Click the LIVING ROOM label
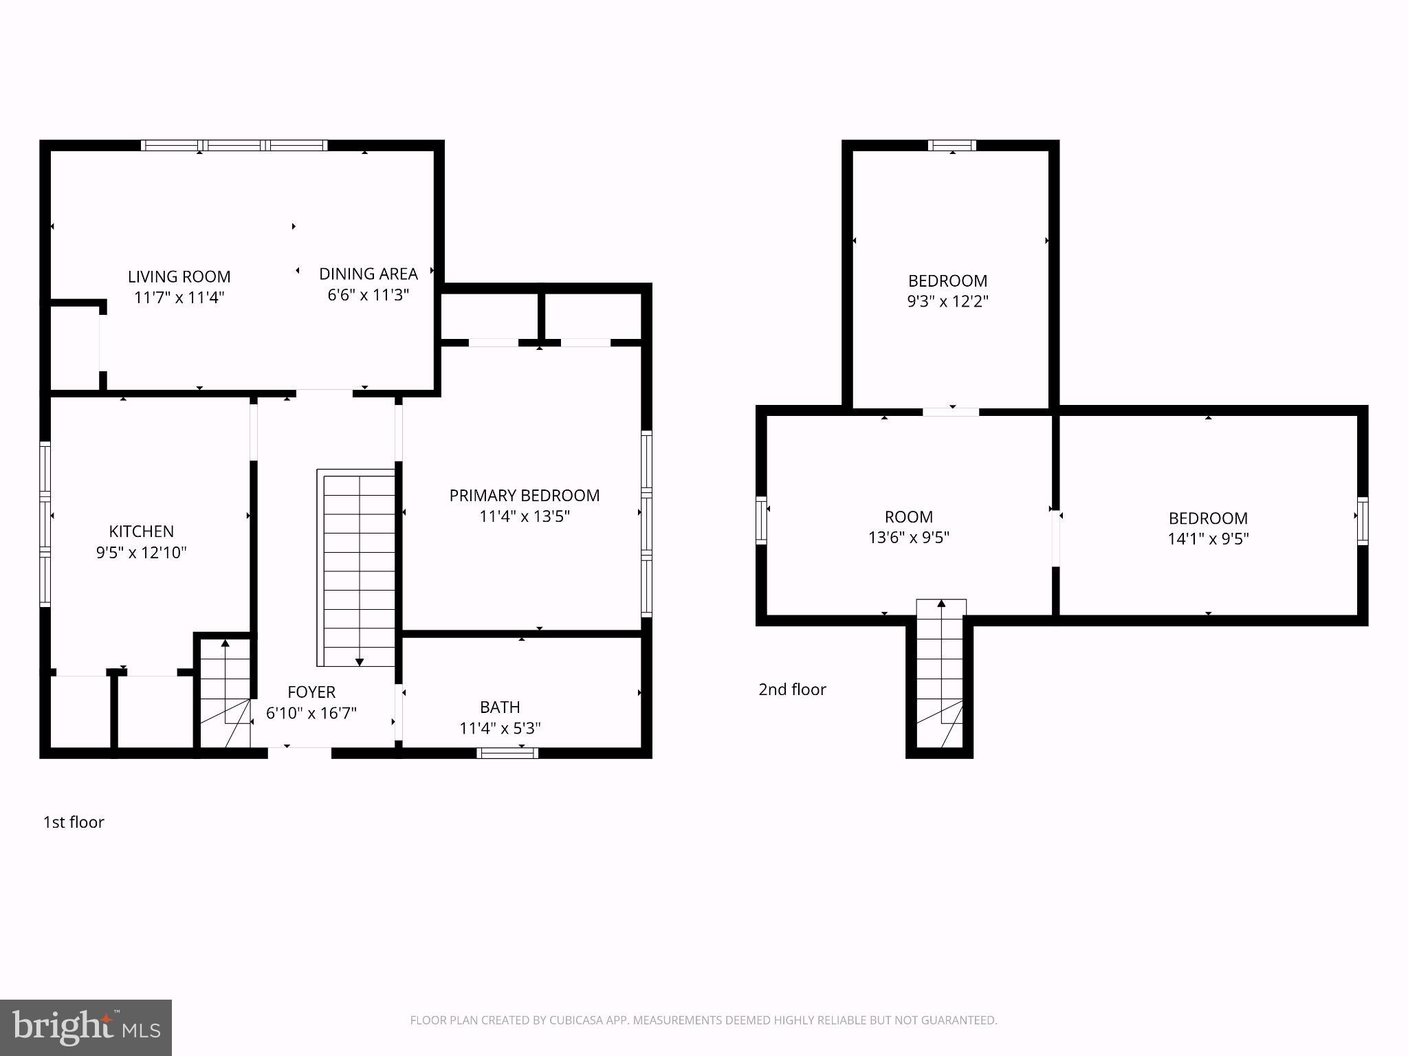click(179, 276)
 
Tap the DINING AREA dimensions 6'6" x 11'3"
click(368, 295)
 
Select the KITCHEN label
click(141, 531)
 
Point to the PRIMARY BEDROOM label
click(524, 495)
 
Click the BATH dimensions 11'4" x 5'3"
click(500, 728)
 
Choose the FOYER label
click(311, 692)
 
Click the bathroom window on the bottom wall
click(507, 753)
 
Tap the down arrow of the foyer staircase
click(360, 661)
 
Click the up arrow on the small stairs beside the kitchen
click(225, 644)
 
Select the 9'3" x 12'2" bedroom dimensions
click(947, 301)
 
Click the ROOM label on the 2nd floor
click(908, 516)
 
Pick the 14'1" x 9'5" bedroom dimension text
click(1207, 538)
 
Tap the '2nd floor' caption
click(792, 690)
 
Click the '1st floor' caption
click(74, 822)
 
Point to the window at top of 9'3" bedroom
click(951, 145)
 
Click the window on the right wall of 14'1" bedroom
click(1362, 520)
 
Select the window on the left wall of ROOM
click(761, 520)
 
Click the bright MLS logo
click(85, 1027)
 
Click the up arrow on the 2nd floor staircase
click(941, 604)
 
